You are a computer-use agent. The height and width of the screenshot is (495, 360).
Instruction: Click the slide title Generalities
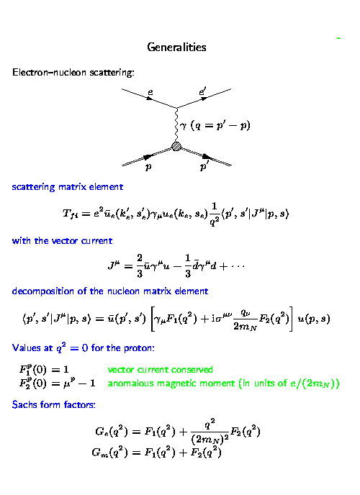point(176,47)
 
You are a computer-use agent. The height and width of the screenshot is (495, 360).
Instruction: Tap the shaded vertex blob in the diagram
point(176,146)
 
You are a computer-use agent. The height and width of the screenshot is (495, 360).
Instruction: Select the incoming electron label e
point(150,93)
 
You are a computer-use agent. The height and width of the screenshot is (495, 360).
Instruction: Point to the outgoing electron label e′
point(202,91)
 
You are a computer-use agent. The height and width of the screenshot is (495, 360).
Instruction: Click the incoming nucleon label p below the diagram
point(148,167)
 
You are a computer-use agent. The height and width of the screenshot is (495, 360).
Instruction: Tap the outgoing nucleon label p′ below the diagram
point(203,166)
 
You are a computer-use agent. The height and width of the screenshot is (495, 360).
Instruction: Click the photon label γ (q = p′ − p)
point(215,126)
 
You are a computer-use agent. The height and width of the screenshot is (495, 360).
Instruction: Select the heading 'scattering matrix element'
point(67,187)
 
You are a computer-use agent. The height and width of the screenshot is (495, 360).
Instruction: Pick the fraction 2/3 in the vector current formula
point(140,265)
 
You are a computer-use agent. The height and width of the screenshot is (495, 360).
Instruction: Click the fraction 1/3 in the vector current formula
point(188,265)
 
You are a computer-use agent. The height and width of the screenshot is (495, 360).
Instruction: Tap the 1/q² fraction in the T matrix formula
point(214,214)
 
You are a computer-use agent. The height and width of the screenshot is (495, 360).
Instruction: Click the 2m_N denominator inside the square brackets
point(245,326)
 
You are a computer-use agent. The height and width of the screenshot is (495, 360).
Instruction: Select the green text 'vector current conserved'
point(160,369)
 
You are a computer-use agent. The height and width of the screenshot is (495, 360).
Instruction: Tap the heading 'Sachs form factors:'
point(54,404)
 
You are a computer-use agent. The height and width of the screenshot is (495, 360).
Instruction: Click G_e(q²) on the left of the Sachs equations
point(112,431)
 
